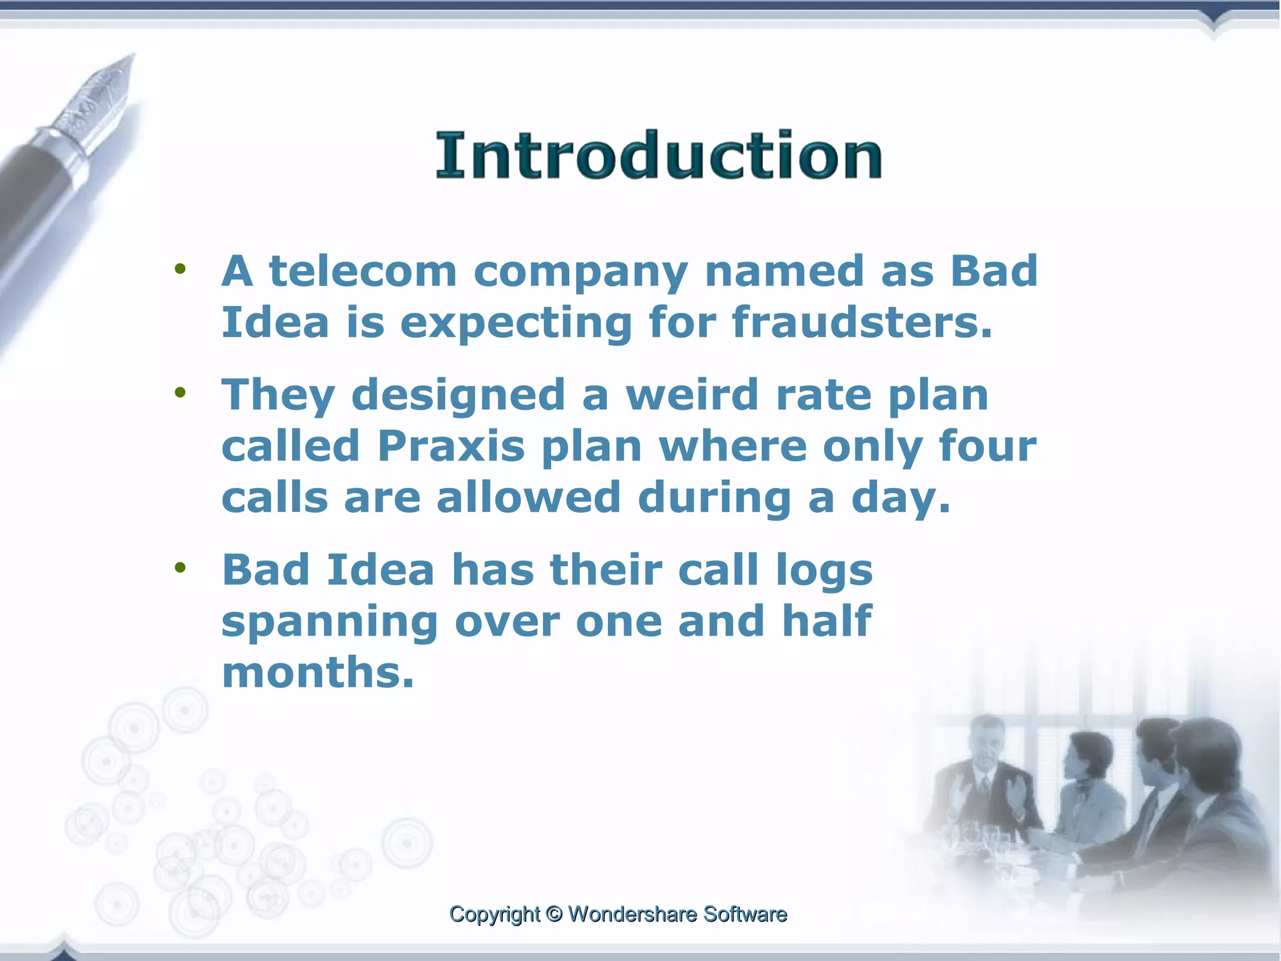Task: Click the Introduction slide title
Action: click(659, 155)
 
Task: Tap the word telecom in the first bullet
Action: click(363, 272)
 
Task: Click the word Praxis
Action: click(450, 446)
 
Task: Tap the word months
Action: click(318, 672)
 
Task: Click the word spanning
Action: click(330, 622)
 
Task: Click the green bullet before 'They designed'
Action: click(181, 393)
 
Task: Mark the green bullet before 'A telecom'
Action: click(181, 269)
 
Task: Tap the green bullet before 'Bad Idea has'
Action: click(181, 567)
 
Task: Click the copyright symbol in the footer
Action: click(554, 914)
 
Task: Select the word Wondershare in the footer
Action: click(632, 914)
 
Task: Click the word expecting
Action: click(515, 323)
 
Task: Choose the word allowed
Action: click(529, 497)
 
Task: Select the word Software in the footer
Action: click(745, 914)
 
